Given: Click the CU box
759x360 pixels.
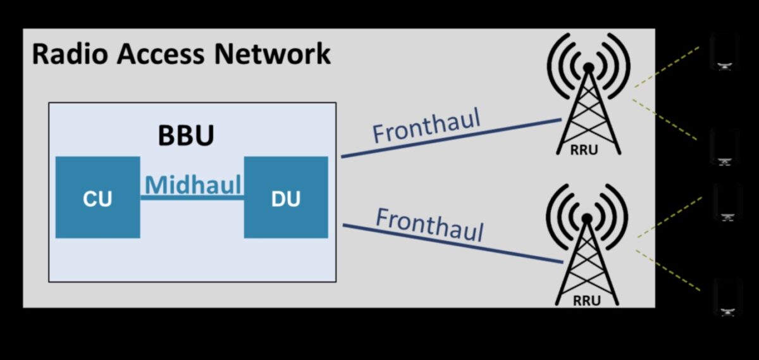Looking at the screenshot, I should [97, 197].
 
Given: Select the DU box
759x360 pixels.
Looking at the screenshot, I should [286, 197].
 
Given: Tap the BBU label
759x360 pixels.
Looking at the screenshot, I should [185, 135].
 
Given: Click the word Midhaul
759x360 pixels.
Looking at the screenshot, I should [193, 185].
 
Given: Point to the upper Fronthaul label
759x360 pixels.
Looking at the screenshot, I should [426, 125].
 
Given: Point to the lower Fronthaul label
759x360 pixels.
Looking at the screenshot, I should [429, 224].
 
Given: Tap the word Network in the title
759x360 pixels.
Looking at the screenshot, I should [272, 54].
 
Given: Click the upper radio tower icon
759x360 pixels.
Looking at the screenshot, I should [588, 95].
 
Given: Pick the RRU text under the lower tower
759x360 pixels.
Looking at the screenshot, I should [586, 301].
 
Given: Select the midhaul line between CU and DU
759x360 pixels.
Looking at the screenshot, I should [192, 199].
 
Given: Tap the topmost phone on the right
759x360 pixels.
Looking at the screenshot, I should [724, 51].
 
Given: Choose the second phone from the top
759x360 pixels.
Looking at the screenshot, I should [725, 146].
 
